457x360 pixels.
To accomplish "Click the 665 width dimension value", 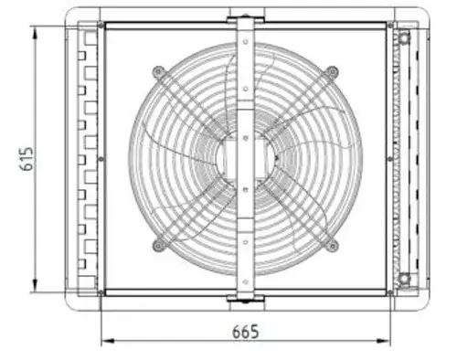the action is [x=246, y=332].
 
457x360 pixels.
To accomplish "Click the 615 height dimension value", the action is [x=27, y=159].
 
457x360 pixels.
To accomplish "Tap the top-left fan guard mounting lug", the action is [x=158, y=72].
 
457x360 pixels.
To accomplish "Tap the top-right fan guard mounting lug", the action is [x=332, y=72].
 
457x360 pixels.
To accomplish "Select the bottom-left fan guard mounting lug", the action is [x=158, y=245].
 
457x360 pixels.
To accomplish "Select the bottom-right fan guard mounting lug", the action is [x=332, y=245].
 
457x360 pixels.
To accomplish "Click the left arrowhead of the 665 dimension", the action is [x=107, y=341].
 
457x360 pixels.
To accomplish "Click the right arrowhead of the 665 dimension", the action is [x=383, y=341].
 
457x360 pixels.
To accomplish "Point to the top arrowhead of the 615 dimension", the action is [x=36, y=33].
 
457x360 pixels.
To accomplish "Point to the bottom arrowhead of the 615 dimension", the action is [x=36, y=285].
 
